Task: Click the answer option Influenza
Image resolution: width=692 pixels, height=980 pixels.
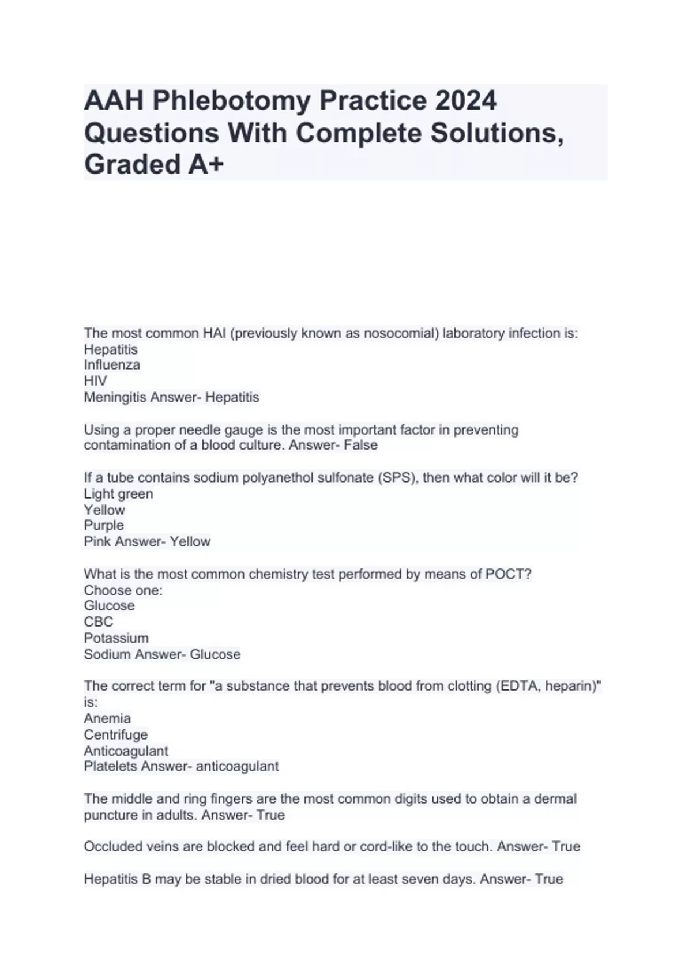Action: coord(112,365)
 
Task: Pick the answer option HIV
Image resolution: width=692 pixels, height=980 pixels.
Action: coord(95,381)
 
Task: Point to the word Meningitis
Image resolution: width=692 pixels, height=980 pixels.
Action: coord(115,397)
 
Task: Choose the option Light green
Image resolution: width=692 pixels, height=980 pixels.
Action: coord(118,494)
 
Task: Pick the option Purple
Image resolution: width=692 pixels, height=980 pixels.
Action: coord(104,526)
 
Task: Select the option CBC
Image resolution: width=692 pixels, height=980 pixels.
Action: coord(98,622)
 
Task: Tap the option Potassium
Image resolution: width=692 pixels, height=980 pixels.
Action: coord(116,638)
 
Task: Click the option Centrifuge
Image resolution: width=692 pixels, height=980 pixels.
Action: coord(115,734)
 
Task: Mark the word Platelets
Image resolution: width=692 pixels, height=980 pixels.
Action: coord(110,766)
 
